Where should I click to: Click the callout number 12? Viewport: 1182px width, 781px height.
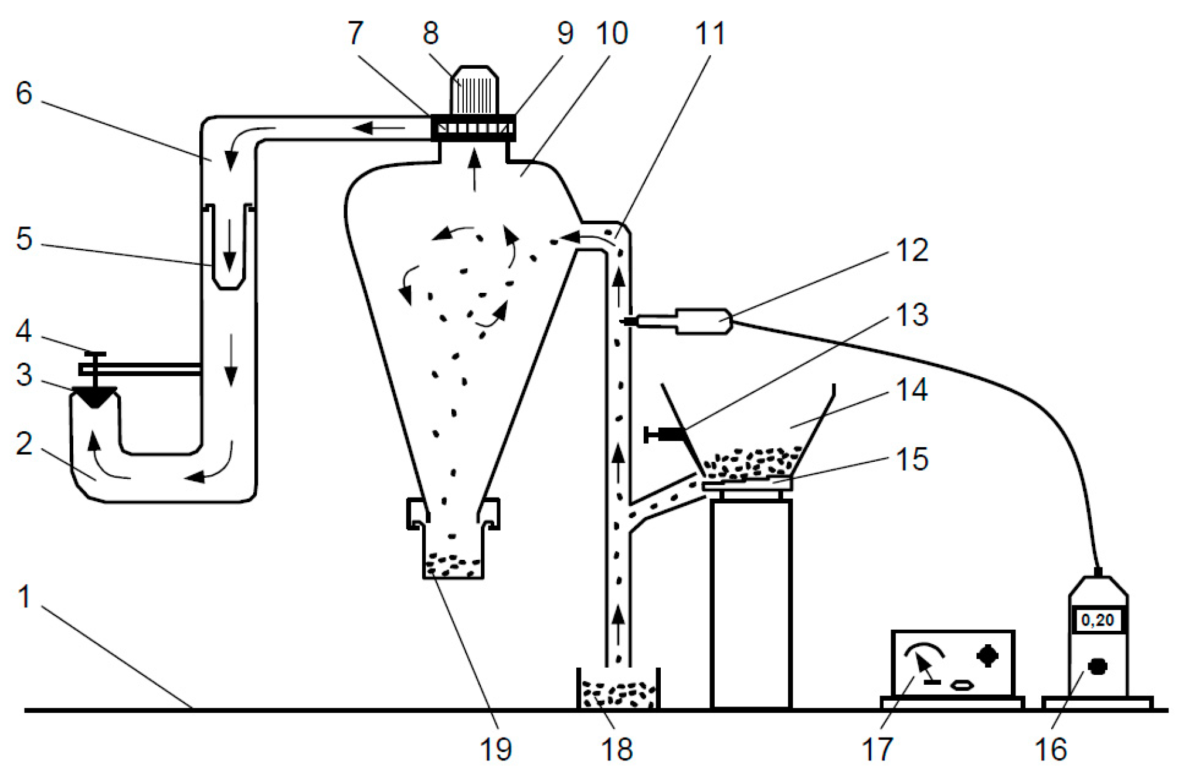click(x=912, y=251)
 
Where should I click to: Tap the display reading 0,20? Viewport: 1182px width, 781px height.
click(x=1098, y=620)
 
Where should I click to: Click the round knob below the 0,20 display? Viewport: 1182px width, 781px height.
click(x=1097, y=666)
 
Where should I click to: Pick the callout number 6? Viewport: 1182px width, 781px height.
click(x=24, y=93)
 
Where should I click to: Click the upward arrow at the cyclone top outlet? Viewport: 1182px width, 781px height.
click(x=474, y=170)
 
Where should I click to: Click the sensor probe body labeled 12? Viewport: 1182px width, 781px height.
click(x=702, y=321)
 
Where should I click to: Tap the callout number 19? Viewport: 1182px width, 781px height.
click(x=496, y=749)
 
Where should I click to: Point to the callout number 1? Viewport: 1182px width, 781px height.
click(x=24, y=597)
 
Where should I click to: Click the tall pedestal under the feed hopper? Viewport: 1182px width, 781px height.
click(x=751, y=603)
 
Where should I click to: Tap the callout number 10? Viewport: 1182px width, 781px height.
click(x=612, y=33)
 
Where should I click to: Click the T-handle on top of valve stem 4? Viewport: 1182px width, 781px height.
click(x=94, y=354)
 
